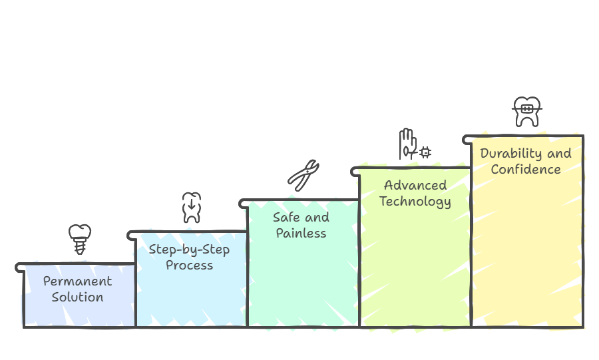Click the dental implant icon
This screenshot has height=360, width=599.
pyautogui.click(x=80, y=239)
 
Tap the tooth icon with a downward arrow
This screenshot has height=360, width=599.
pyautogui.click(x=192, y=208)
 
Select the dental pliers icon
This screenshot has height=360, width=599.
pyautogui.click(x=303, y=175)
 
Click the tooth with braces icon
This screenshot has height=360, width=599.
pyautogui.click(x=527, y=111)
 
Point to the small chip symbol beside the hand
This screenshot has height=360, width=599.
pyautogui.click(x=425, y=152)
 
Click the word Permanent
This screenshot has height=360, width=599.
pyautogui.click(x=78, y=281)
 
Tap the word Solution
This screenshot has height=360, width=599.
pyautogui.click(x=78, y=297)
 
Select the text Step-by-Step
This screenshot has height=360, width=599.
pyautogui.click(x=189, y=250)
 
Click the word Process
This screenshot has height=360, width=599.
pyautogui.click(x=189, y=266)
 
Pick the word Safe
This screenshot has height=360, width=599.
pyautogui.click(x=286, y=217)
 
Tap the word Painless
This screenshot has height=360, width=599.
pyautogui.click(x=301, y=234)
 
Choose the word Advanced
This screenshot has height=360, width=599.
pyautogui.click(x=415, y=185)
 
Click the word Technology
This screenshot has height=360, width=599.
pyautogui.click(x=415, y=202)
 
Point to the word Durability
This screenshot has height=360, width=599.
pyautogui.click(x=510, y=154)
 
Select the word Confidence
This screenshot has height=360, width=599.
pyautogui.click(x=526, y=169)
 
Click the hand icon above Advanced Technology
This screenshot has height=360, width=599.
pyautogui.click(x=407, y=144)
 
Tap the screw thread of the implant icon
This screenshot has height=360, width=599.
pyautogui.click(x=80, y=247)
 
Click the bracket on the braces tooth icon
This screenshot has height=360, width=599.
pyautogui.click(x=527, y=109)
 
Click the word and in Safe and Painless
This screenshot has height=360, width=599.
pyautogui.click(x=317, y=217)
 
